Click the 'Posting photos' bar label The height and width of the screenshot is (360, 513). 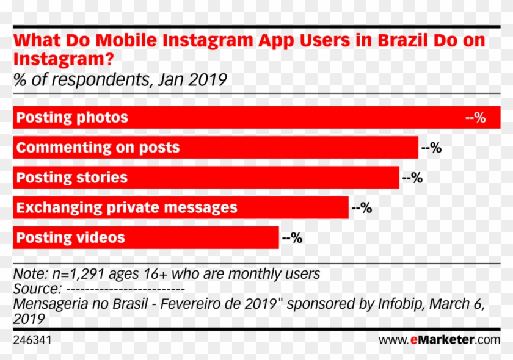click(x=72, y=117)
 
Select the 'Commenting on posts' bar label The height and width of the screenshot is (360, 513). click(x=98, y=147)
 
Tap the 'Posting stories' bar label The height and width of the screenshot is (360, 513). click(x=71, y=178)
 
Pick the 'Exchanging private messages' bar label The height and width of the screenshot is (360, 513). click(x=126, y=207)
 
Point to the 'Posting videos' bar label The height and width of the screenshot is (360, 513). click(x=70, y=237)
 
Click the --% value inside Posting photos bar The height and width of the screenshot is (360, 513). click(x=475, y=118)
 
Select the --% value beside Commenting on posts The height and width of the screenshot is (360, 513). click(x=431, y=148)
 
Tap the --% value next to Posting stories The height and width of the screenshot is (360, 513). click(x=412, y=178)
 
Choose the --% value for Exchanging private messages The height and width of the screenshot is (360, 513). click(x=362, y=208)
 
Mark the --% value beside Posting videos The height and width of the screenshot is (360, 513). click(x=292, y=238)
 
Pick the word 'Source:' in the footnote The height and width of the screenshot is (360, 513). click(x=37, y=289)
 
